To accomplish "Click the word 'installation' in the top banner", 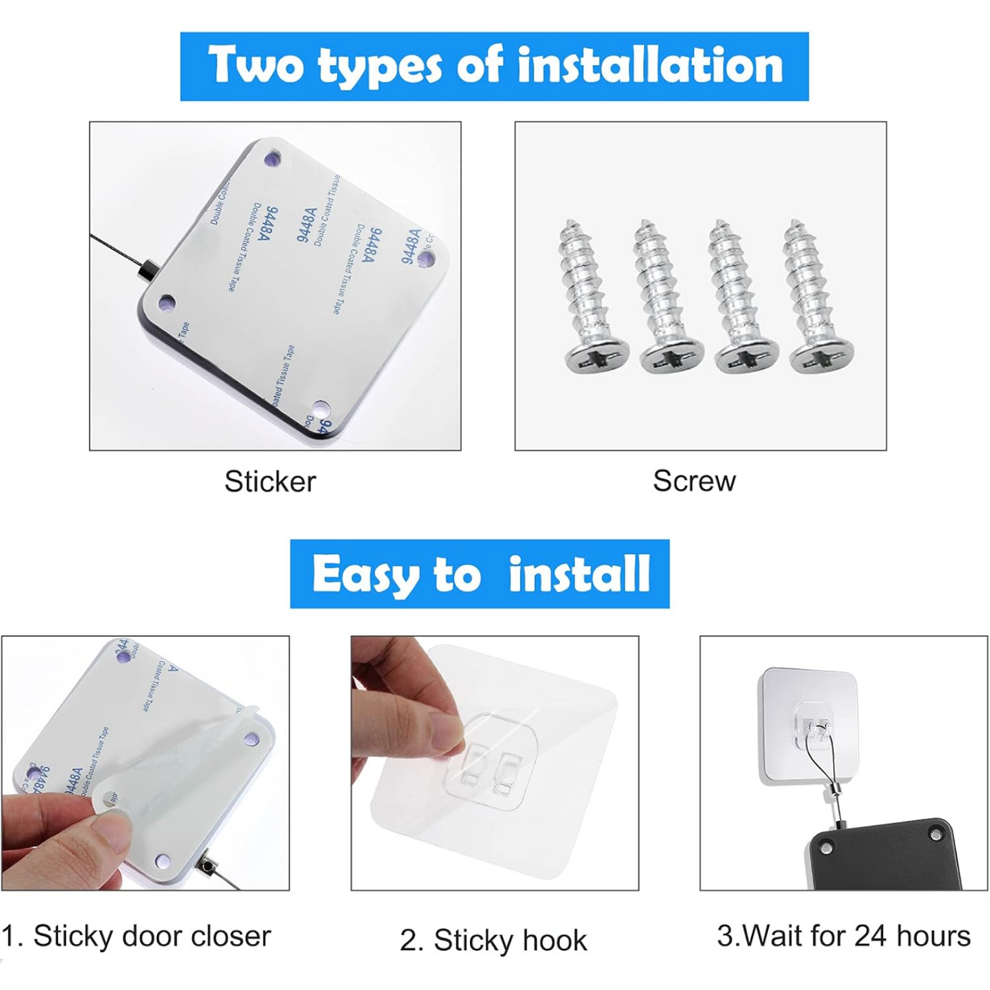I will [649, 66].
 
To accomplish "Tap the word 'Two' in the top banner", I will [256, 66].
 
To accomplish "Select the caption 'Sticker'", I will [270, 482].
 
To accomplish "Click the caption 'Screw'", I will [694, 481].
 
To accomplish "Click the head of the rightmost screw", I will [821, 358].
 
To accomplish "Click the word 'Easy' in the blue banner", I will [364, 574].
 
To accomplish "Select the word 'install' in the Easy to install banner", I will [579, 574].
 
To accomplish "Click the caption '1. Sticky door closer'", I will [136, 936].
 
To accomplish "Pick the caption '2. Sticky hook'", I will [493, 941].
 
